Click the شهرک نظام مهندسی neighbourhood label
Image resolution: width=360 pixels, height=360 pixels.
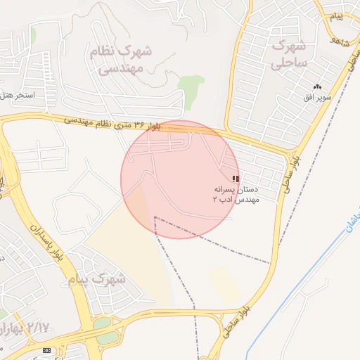120,60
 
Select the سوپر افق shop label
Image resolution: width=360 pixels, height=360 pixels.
317,96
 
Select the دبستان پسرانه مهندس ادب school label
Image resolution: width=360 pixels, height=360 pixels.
237,195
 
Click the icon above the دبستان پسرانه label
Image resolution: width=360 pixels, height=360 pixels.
235,179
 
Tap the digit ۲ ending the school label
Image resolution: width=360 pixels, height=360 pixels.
216,200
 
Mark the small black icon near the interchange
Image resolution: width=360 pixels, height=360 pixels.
47,350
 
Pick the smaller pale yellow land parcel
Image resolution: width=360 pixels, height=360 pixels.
225,284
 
